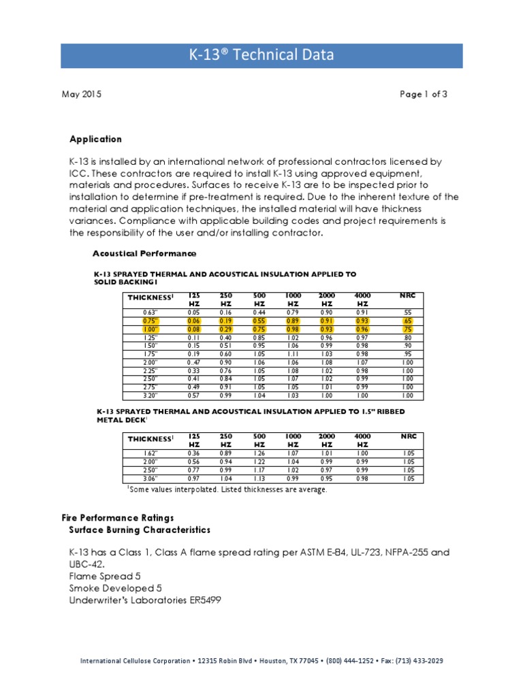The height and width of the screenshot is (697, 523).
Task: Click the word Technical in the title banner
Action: point(264,56)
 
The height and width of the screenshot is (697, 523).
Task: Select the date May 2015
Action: point(81,95)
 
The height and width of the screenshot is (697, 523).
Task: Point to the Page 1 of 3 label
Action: point(424,95)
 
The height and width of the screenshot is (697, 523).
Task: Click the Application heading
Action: point(96,139)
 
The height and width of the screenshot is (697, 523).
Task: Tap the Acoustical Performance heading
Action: point(144,253)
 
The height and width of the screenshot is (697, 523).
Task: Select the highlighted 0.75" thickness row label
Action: point(149,320)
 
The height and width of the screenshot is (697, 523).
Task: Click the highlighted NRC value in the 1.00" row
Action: point(407,328)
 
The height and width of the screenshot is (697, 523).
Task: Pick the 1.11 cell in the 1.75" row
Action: point(293,354)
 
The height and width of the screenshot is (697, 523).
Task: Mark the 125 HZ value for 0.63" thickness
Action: point(193,311)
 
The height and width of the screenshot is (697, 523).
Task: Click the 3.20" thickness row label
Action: point(149,395)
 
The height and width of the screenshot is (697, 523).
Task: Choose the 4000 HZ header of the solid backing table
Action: point(362,299)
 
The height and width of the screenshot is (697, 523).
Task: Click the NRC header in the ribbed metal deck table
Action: point(407,436)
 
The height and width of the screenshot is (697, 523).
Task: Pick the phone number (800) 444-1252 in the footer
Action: point(349,661)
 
